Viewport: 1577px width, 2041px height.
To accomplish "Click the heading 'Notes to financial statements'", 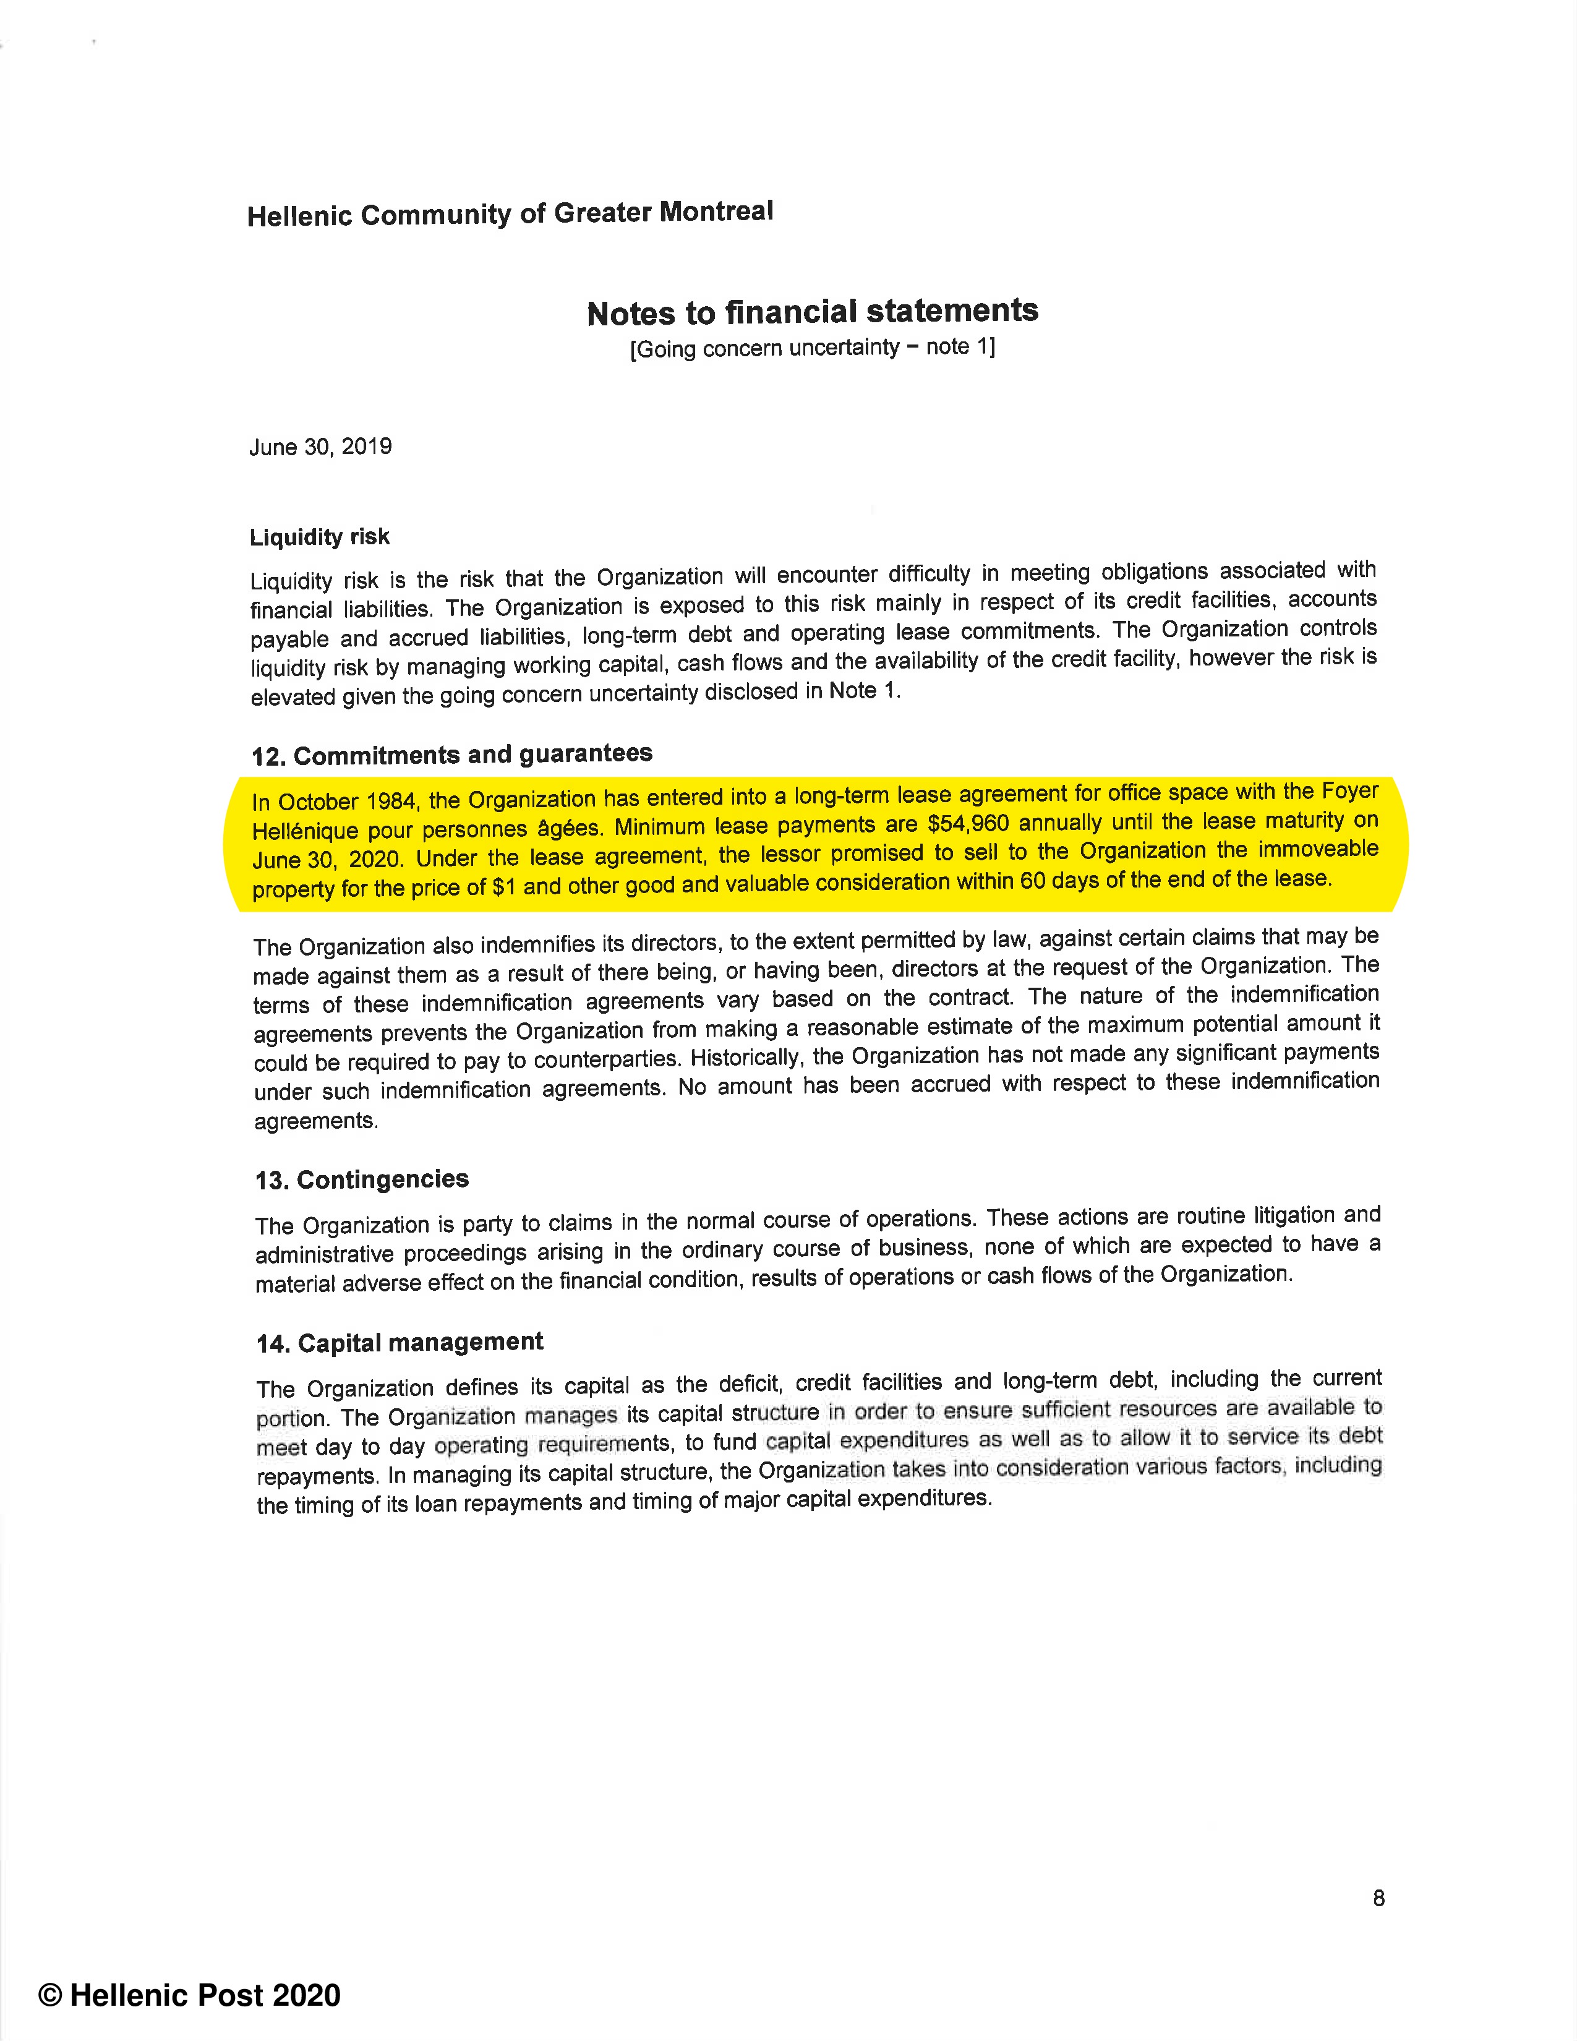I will point(812,311).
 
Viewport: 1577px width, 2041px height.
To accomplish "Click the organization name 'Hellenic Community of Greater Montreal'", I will point(510,213).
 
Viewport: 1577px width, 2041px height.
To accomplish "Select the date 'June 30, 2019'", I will point(320,447).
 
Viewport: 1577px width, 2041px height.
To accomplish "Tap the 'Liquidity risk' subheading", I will point(320,536).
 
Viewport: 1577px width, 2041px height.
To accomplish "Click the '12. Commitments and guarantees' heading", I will point(452,754).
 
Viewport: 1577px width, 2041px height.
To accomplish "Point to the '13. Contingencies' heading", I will point(362,1179).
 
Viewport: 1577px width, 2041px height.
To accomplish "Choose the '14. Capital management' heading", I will point(400,1343).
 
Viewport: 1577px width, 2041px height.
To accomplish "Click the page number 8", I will point(1378,1898).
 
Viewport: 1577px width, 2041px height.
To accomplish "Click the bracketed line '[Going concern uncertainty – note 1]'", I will point(812,348).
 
